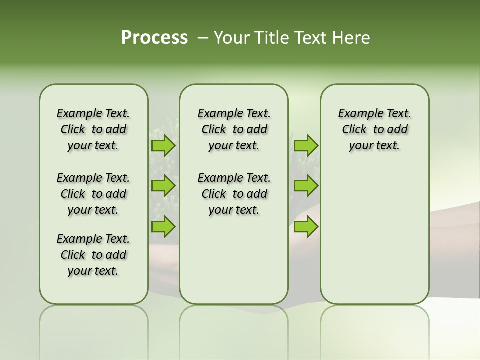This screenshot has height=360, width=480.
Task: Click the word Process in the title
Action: coord(154,37)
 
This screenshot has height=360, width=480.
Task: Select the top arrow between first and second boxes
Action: coord(163,146)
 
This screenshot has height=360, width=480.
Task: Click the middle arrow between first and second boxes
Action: coord(163,186)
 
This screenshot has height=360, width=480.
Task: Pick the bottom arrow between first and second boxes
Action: coord(163,227)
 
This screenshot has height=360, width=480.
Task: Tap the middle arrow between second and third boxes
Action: coord(306,186)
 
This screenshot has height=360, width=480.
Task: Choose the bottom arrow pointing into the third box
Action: coord(306,227)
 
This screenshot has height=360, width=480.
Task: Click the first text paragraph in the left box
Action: coord(93,129)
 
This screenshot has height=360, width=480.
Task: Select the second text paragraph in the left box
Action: coord(93,194)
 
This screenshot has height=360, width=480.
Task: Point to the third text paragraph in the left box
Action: coord(93,255)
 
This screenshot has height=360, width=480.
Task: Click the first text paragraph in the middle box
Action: coord(234,129)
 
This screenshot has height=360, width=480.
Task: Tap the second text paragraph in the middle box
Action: coord(234,194)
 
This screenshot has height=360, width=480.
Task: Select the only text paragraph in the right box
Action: coord(374,129)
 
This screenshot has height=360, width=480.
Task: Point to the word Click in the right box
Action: coord(354,130)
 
